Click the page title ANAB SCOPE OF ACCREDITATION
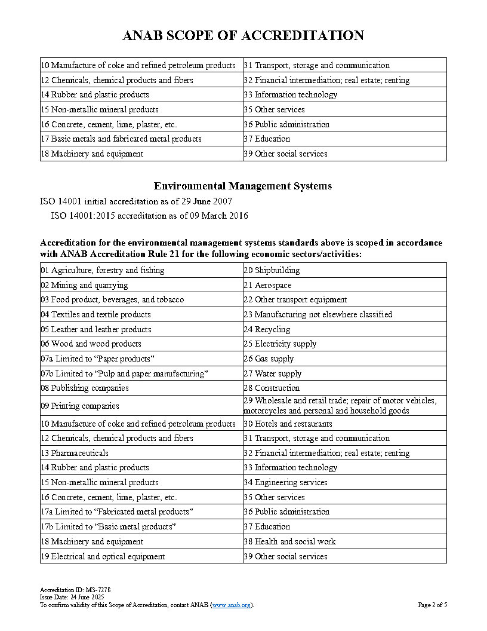pos(243,35)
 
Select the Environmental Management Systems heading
pos(243,186)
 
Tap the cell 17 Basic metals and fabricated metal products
pos(121,139)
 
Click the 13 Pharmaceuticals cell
pos(75,453)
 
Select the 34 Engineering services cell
pos(285,482)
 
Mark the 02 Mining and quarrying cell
pos(84,285)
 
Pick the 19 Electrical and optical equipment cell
pos(103,556)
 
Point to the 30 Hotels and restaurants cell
pos(288,424)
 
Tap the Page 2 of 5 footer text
pos(432,605)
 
